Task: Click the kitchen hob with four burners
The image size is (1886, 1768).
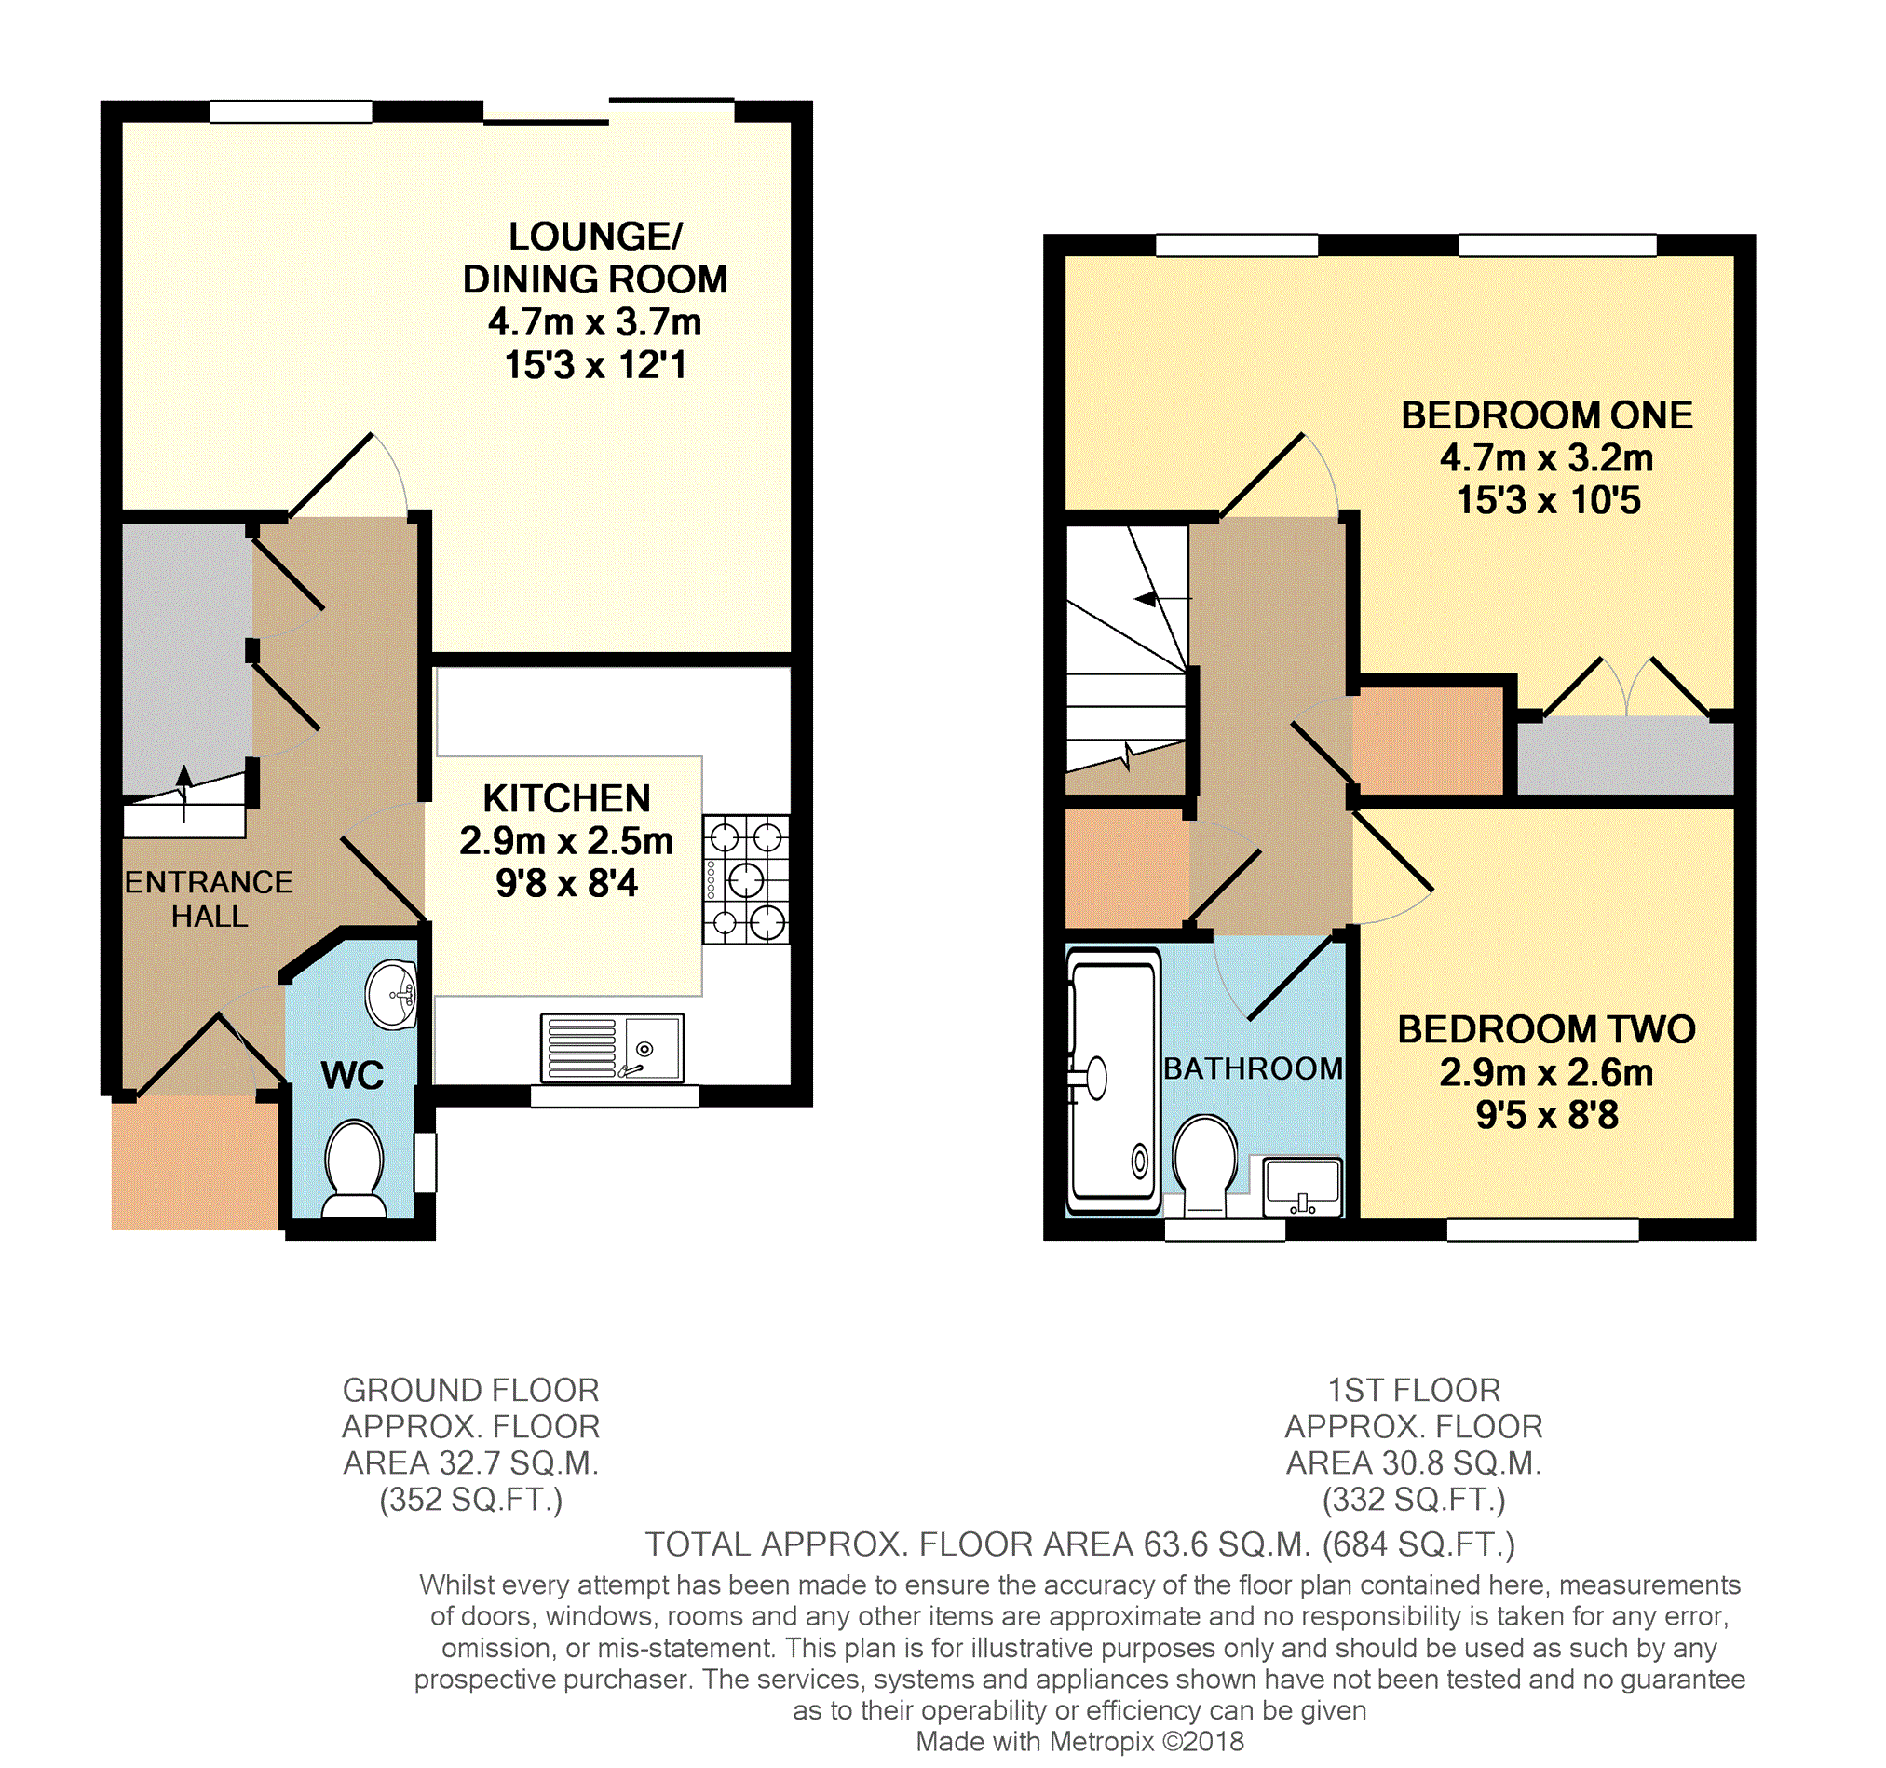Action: click(746, 878)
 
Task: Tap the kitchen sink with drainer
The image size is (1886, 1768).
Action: click(612, 1049)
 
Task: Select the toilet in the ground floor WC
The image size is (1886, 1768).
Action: click(354, 1169)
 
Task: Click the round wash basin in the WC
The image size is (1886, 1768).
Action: click(392, 995)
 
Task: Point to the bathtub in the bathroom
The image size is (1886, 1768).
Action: click(1114, 1081)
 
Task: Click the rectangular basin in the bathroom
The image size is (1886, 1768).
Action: click(1303, 1186)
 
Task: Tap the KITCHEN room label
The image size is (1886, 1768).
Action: click(566, 798)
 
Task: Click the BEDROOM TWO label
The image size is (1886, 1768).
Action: click(1546, 1029)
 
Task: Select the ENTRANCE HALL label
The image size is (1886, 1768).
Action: click(209, 899)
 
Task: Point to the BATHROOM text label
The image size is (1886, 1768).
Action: click(1254, 1068)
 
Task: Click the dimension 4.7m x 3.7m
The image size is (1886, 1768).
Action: click(595, 322)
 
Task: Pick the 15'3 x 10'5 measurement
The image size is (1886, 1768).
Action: click(1548, 500)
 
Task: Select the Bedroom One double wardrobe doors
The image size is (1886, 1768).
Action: click(1627, 687)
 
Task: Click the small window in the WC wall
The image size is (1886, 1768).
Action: click(425, 1162)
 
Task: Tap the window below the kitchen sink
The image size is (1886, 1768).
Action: click(614, 1096)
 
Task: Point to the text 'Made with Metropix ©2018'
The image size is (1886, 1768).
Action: click(1079, 1741)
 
